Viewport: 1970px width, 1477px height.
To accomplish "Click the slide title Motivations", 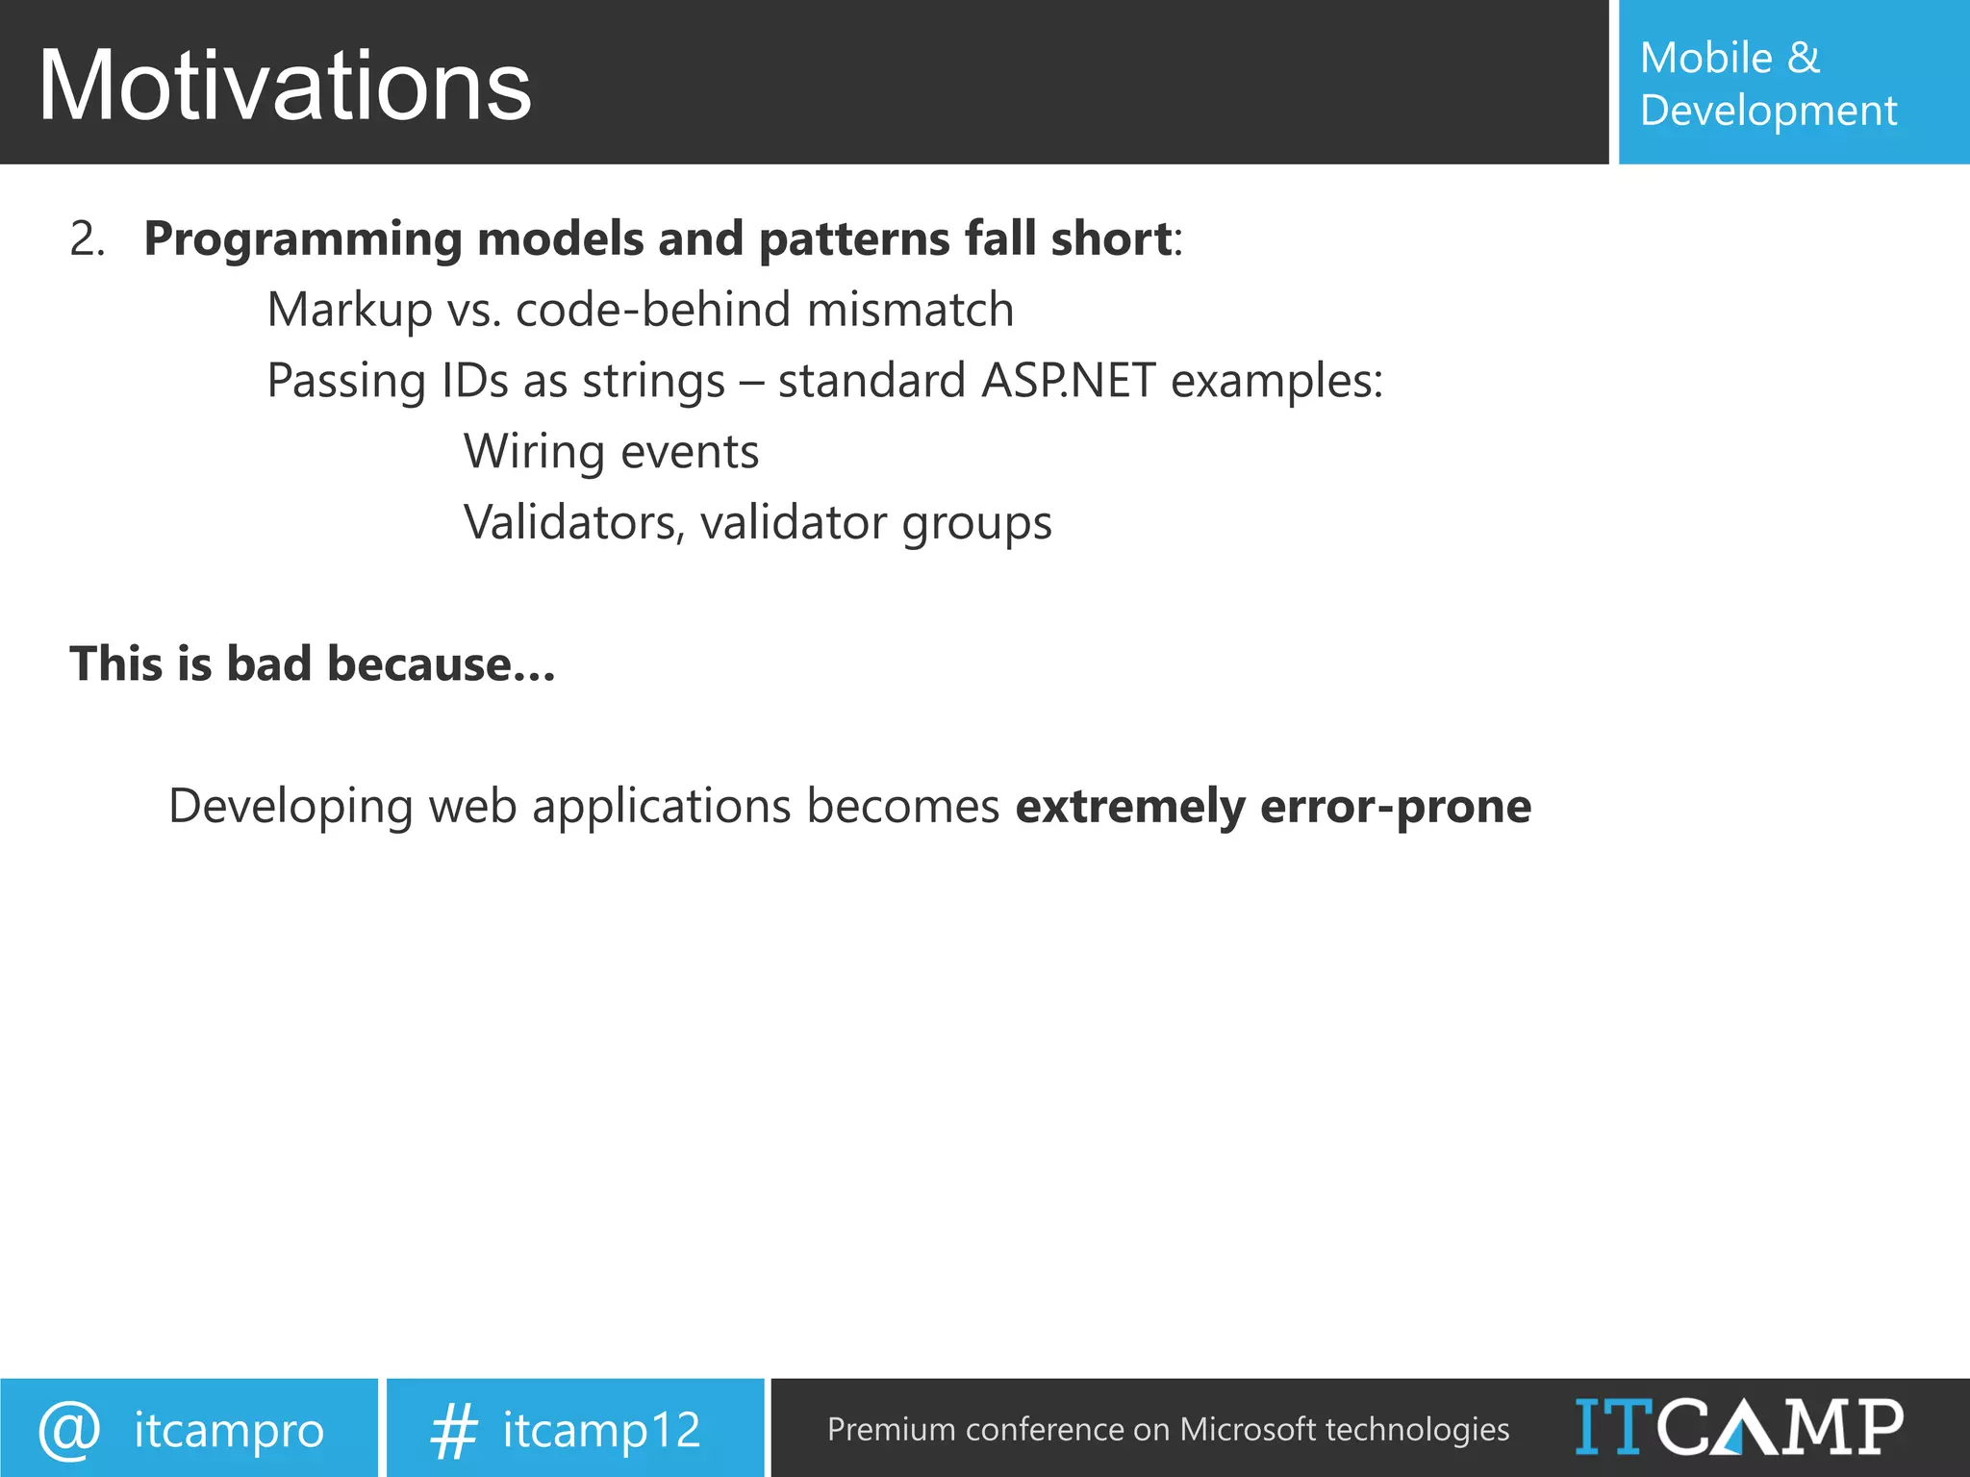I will [x=285, y=87].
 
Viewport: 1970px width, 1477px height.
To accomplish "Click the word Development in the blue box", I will [x=1768, y=111].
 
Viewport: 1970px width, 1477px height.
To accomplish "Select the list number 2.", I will [x=86, y=239].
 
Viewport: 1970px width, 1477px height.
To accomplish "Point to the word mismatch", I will [x=910, y=310].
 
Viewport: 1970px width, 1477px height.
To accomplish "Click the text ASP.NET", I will [x=1068, y=381].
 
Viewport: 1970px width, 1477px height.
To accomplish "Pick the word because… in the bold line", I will [x=441, y=664].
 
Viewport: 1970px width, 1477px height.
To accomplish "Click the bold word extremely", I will [x=1130, y=807].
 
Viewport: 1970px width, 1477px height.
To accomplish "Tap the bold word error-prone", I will [x=1395, y=807].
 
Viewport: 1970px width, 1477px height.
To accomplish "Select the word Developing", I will [x=290, y=807].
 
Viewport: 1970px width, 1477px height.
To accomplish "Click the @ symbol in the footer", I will [x=69, y=1430].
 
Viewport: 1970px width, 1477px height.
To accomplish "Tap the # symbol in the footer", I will [x=453, y=1430].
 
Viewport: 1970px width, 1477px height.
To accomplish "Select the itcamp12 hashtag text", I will [x=601, y=1430].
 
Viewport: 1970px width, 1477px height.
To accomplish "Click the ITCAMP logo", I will [x=1739, y=1427].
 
